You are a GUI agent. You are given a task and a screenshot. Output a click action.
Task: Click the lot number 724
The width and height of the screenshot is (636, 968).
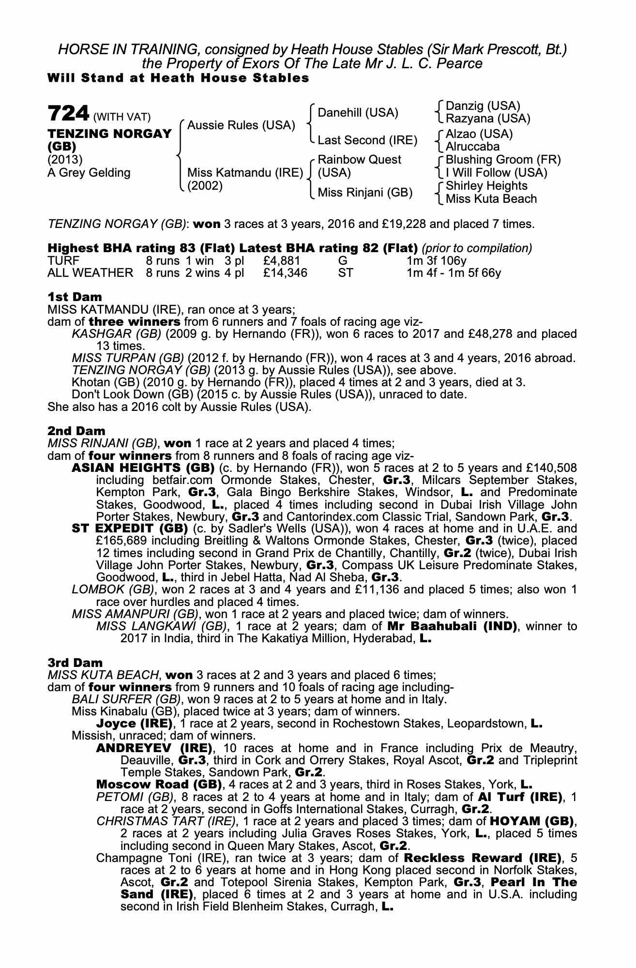68,114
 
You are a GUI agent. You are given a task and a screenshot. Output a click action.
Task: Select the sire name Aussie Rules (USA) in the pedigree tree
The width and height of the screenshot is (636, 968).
241,125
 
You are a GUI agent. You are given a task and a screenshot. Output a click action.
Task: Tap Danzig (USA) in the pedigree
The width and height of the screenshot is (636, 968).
483,106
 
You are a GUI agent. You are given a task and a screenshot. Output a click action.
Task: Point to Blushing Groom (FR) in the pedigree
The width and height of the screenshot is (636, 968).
503,160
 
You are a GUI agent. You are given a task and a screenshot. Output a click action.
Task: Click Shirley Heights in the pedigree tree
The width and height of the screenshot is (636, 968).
486,186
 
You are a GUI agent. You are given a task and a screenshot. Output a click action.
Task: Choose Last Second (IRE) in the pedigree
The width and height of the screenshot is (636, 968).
367,140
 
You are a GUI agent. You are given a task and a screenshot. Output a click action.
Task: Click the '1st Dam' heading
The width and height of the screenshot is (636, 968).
75,296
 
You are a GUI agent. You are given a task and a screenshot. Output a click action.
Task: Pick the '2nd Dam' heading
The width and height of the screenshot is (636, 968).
76,430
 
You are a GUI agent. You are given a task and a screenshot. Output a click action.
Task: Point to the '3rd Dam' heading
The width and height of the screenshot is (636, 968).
75,662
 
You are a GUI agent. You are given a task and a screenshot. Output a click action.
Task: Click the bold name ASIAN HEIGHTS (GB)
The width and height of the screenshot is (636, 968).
143,468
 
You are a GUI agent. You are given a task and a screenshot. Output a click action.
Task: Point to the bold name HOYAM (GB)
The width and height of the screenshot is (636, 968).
532,821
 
